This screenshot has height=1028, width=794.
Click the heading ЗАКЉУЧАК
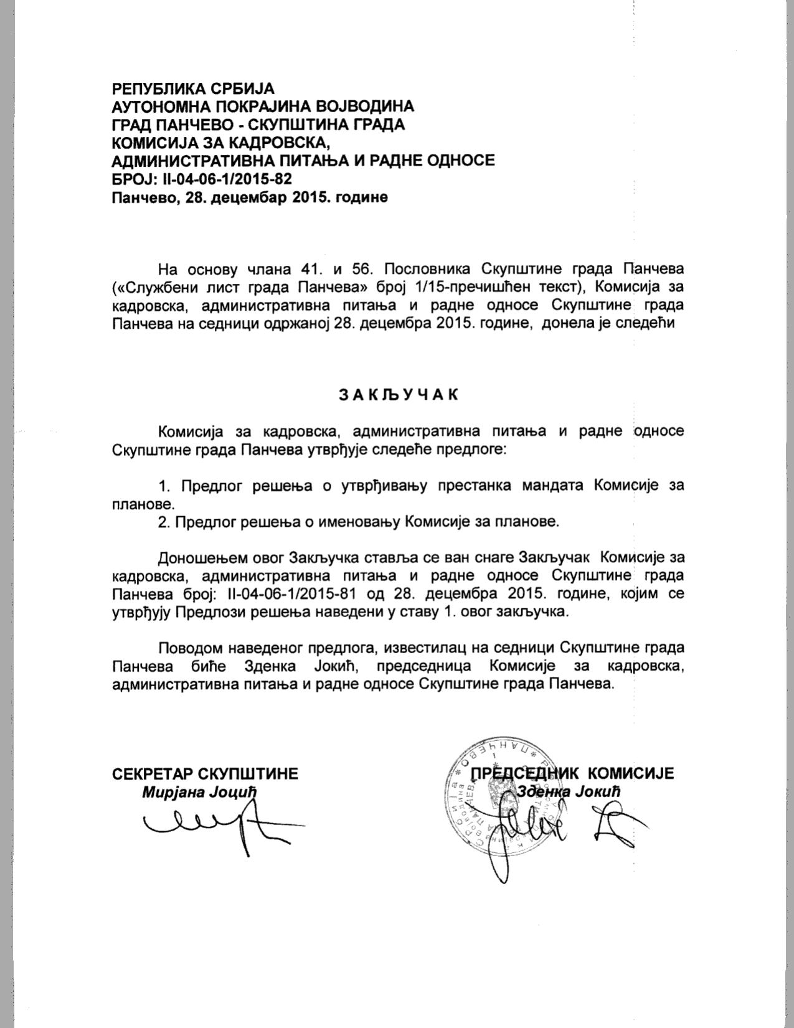398,394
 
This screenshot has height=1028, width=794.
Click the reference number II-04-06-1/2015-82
227,179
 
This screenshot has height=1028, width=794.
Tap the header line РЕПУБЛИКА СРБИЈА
193,89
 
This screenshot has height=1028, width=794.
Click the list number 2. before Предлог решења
164,521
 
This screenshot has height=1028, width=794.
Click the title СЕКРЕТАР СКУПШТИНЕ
205,773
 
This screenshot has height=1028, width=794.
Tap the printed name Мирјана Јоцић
199,792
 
